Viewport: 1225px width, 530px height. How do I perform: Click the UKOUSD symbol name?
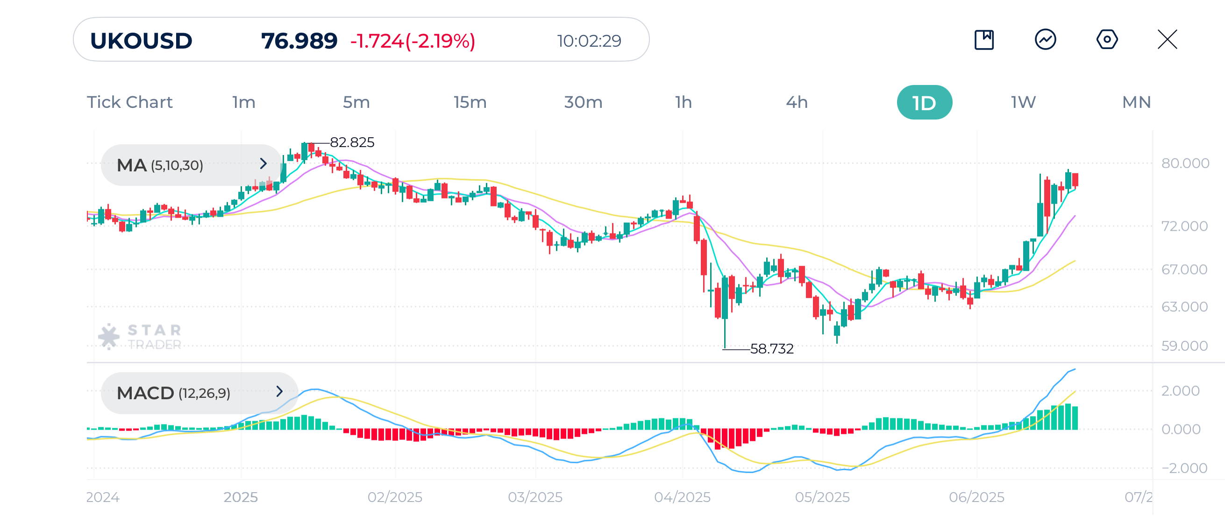point(141,41)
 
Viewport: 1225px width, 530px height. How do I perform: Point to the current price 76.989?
point(299,41)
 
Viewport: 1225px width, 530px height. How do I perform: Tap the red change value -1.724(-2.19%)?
point(412,41)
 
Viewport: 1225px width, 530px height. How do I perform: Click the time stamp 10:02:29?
point(589,41)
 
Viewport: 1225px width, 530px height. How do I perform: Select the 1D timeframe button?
point(924,102)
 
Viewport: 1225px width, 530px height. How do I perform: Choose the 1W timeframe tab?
point(1023,102)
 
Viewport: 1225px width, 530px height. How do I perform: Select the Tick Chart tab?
point(129,102)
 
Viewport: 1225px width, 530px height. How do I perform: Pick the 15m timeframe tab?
point(470,102)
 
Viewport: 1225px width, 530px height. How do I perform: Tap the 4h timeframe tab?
point(797,102)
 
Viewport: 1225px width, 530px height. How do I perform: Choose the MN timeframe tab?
point(1136,102)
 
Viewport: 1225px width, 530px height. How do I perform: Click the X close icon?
point(1167,39)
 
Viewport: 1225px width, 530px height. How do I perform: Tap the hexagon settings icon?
point(1107,39)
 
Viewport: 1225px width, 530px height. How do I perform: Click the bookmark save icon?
point(984,39)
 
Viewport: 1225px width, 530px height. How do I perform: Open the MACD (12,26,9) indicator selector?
point(199,393)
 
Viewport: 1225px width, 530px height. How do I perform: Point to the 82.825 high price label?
point(352,142)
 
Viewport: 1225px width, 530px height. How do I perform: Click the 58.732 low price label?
point(771,349)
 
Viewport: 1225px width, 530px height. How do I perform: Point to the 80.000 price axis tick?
point(1184,163)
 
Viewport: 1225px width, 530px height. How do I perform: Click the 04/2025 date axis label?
point(682,497)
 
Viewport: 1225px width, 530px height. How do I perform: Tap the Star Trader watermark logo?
point(141,337)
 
